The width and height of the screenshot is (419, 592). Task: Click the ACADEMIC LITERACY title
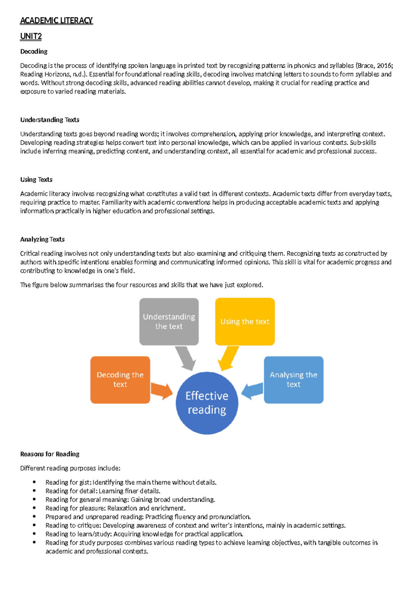[x=56, y=21]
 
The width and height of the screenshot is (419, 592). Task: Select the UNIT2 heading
[x=31, y=36]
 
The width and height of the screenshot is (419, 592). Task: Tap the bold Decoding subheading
[x=34, y=52]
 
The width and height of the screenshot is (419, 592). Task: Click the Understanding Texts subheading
[x=50, y=120]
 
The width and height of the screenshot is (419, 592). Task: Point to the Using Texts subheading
[x=36, y=180]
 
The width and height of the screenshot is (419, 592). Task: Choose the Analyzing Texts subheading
[x=42, y=239]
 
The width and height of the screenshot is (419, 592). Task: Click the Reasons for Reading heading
[x=50, y=454]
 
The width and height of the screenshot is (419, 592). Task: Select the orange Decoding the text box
[x=120, y=380]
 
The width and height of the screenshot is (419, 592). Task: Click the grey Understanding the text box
[x=169, y=321]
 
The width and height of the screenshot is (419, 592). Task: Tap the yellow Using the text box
[x=245, y=321]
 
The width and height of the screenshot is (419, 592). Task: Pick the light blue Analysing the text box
[x=293, y=380]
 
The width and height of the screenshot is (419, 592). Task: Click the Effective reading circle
[x=207, y=403]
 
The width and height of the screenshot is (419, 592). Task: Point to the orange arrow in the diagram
[x=162, y=391]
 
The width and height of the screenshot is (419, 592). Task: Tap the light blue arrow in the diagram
[x=252, y=391]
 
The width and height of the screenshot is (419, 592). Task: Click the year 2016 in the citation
[x=384, y=66]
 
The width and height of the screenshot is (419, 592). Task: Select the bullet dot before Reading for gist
[x=34, y=482]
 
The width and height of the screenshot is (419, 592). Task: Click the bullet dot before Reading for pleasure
[x=34, y=508]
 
